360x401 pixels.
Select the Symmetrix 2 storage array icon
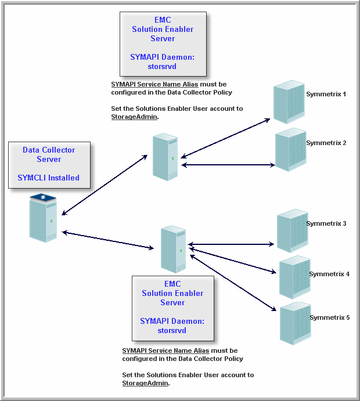tap(290, 150)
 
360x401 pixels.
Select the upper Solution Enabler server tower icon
tap(165, 157)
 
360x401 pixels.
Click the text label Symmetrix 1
tap(326, 93)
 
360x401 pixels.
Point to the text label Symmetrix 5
tap(329, 317)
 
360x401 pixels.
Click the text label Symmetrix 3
tap(326, 223)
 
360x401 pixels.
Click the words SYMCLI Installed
tap(49, 178)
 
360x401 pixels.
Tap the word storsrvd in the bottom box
tap(172, 330)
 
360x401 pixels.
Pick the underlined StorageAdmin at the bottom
tap(145, 383)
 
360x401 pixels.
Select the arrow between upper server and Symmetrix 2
tap(228, 165)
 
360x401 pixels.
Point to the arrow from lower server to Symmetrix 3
tap(231, 244)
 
